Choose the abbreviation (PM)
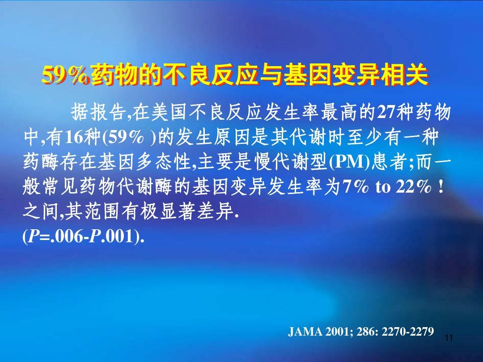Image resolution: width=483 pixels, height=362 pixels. [x=349, y=162]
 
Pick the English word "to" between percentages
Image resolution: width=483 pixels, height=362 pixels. [x=382, y=187]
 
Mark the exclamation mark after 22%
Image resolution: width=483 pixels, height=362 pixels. [x=441, y=186]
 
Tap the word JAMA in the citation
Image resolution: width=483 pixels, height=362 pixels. [x=305, y=332]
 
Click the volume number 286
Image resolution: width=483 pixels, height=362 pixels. [x=365, y=332]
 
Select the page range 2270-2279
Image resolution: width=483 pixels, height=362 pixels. [x=408, y=332]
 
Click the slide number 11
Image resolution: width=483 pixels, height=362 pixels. [x=449, y=338]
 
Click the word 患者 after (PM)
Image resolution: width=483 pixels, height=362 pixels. [x=390, y=162]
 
